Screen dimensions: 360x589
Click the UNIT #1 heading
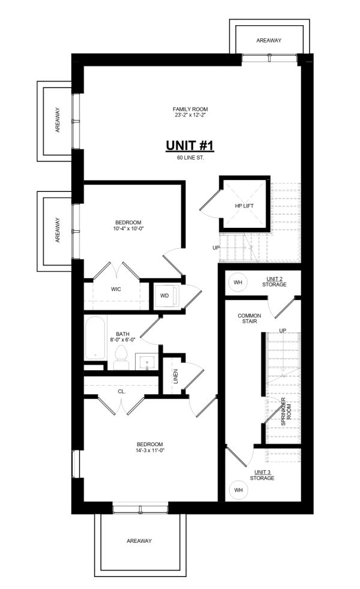coord(190,145)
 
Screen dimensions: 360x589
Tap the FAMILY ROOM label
coord(190,109)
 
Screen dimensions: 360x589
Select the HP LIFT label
coord(244,206)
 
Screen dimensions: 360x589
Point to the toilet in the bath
coord(121,357)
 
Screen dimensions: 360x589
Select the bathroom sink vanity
coord(146,362)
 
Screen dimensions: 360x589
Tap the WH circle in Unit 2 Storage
coord(238,283)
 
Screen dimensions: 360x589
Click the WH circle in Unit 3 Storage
coord(238,490)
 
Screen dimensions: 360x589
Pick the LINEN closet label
coord(175,377)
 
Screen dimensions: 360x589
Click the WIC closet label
coord(116,289)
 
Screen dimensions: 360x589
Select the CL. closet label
coord(122,392)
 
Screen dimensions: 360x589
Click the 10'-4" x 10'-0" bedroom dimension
coord(128,228)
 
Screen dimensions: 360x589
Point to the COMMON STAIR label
coord(250,318)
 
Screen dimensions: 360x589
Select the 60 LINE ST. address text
coord(191,158)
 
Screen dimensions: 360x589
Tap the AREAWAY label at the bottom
coord(139,541)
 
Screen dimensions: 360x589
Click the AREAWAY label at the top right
coord(269,40)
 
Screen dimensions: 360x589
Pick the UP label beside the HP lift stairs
coord(216,248)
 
